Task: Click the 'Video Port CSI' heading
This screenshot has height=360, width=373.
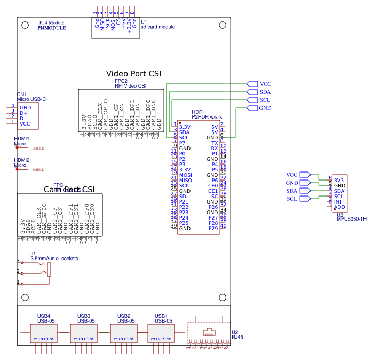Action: [133, 74]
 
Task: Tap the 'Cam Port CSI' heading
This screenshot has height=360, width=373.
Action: [69, 190]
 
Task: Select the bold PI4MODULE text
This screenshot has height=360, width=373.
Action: [52, 28]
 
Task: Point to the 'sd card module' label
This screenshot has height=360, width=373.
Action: [157, 27]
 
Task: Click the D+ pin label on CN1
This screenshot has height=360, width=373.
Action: [23, 113]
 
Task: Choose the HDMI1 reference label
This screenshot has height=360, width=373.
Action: [21, 139]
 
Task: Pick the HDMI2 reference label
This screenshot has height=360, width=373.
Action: [21, 160]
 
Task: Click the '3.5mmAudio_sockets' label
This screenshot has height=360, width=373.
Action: [54, 259]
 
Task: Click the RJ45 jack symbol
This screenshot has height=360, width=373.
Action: [208, 333]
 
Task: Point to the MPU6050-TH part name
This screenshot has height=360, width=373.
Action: [352, 218]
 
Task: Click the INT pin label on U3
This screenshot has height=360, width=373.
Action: [338, 201]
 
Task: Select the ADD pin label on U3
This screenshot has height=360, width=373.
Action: [339, 207]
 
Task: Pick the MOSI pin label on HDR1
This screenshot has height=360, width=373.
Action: [185, 175]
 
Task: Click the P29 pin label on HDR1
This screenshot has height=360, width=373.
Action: [213, 228]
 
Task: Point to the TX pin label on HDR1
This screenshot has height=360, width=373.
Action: [215, 143]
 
